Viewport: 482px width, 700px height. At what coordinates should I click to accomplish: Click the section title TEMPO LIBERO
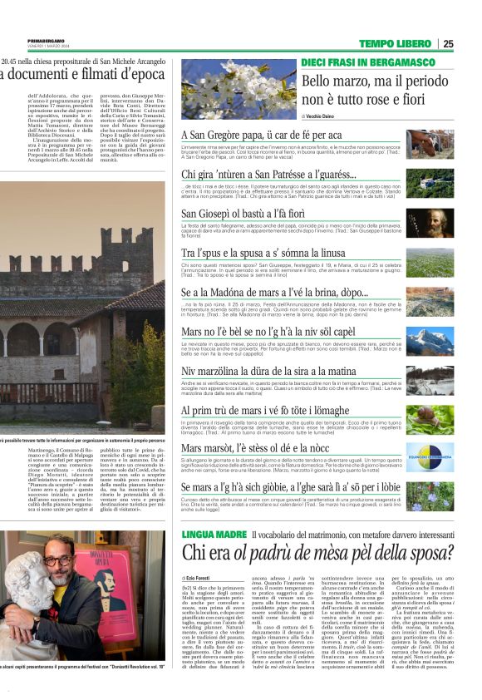(x=396, y=43)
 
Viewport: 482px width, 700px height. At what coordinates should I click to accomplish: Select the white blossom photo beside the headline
(x=227, y=87)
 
